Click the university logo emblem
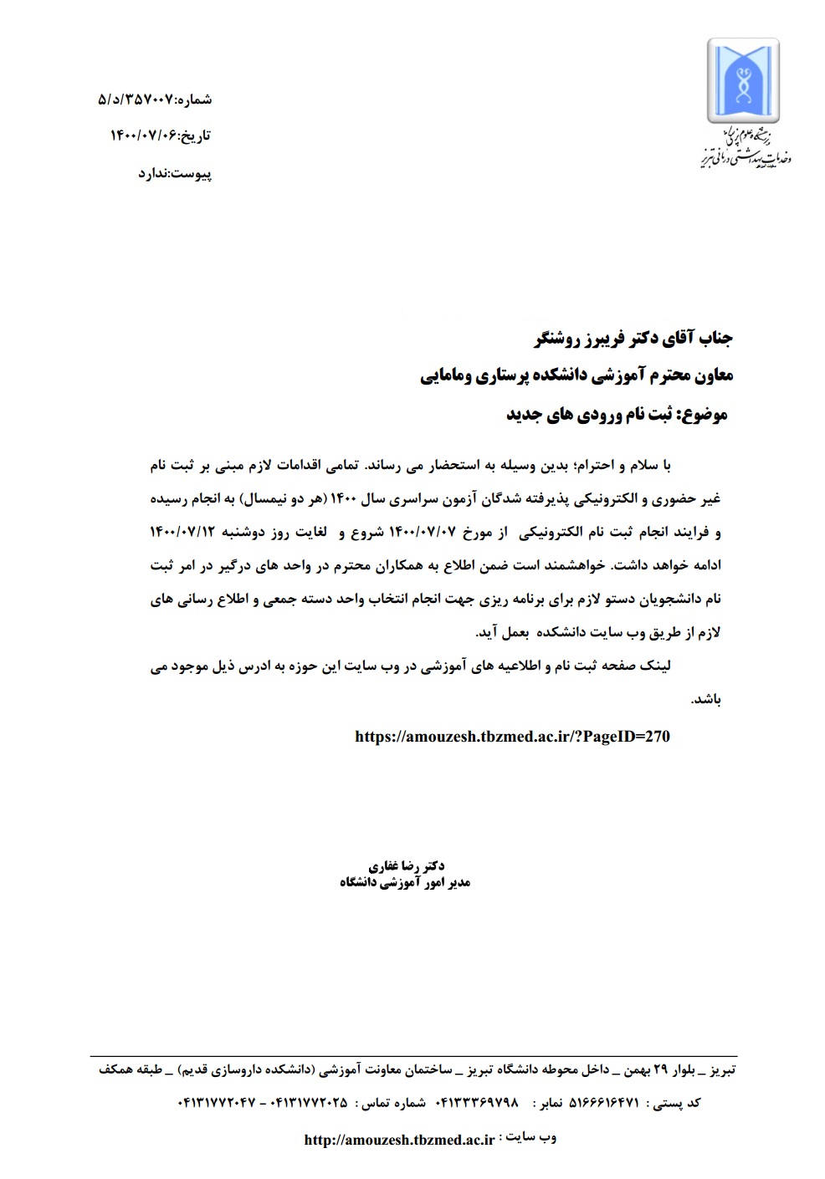(742, 82)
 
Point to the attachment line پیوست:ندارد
(175, 174)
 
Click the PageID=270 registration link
(512, 737)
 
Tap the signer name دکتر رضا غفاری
(407, 866)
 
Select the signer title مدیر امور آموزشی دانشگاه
(405, 882)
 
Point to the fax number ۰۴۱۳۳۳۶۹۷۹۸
(477, 1103)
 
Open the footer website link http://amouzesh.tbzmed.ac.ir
(399, 1140)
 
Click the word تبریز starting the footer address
(722, 1069)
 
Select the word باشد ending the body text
(706, 700)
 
